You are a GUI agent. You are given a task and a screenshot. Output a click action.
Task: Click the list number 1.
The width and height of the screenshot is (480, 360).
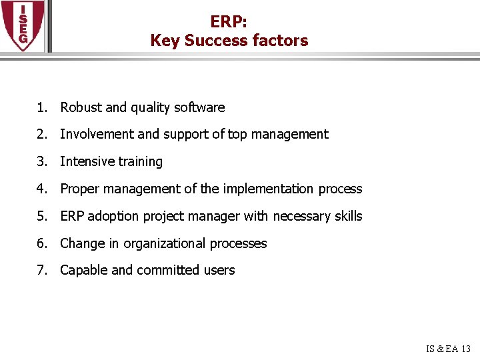41,107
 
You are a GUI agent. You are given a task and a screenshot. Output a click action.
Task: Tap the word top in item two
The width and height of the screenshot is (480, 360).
237,134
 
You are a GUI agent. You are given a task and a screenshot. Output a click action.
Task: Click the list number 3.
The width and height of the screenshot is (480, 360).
41,161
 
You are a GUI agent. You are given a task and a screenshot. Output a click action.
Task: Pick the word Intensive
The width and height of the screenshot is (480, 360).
87,161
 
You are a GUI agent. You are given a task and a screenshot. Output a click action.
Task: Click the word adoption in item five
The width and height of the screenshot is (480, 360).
110,216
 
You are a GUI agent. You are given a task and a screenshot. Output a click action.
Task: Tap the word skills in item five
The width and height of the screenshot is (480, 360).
349,216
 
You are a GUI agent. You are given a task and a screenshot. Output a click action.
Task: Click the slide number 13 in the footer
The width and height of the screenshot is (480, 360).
465,349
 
